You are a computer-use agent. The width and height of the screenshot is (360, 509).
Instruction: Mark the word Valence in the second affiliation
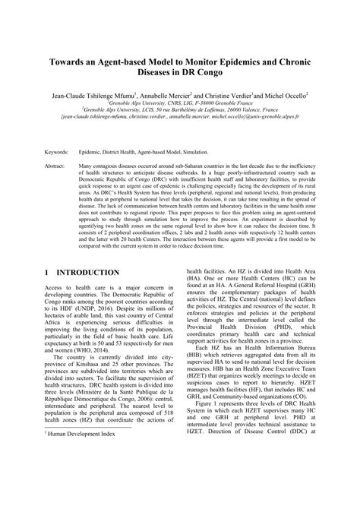(231, 115)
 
